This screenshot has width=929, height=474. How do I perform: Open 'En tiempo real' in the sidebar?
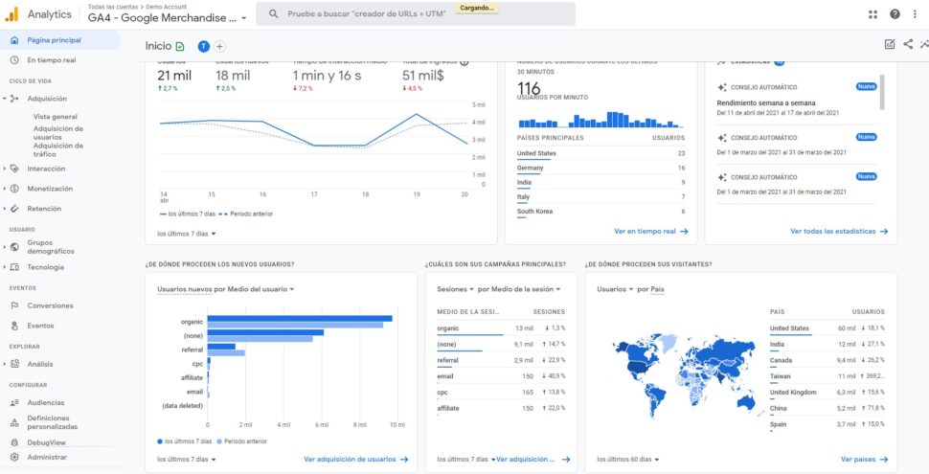(x=51, y=60)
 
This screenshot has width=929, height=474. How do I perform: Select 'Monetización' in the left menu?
(x=50, y=189)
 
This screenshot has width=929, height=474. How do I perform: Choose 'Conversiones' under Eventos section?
(x=50, y=305)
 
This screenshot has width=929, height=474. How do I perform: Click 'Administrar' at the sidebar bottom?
(x=47, y=457)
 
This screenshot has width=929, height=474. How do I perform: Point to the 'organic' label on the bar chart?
(x=192, y=321)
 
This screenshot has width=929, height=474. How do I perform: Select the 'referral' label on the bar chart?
(x=192, y=350)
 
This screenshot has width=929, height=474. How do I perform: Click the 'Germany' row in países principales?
(x=530, y=168)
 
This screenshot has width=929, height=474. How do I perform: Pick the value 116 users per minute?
(x=529, y=89)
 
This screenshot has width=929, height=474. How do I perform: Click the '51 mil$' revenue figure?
(x=422, y=76)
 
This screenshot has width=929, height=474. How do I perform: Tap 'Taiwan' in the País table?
(x=781, y=376)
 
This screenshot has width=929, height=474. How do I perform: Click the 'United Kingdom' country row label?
(x=793, y=392)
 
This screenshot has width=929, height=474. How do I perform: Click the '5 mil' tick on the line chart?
(x=479, y=104)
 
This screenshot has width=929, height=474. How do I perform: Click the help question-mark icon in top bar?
(x=895, y=14)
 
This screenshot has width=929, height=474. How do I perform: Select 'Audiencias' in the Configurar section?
(x=46, y=402)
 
